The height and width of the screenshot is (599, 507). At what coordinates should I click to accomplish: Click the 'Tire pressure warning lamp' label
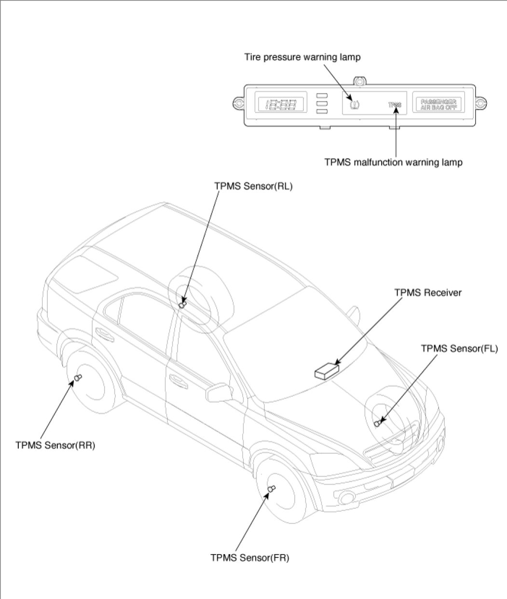tap(302, 57)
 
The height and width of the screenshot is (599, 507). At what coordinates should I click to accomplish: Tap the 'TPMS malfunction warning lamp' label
tap(393, 163)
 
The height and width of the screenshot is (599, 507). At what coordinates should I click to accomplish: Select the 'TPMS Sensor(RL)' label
tap(253, 186)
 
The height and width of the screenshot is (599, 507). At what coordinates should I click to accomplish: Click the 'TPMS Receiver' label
tap(428, 293)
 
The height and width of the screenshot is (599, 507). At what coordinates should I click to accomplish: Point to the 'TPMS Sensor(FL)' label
tap(459, 348)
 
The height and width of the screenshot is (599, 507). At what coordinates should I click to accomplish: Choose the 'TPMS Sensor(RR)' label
tap(55, 445)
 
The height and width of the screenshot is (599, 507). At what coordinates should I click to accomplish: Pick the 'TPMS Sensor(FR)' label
tap(250, 558)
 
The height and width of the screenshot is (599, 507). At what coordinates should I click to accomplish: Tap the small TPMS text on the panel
tap(395, 104)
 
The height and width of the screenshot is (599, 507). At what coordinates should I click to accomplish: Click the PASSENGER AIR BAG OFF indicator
tap(438, 104)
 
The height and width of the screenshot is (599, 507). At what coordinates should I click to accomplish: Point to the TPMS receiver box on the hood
tap(327, 370)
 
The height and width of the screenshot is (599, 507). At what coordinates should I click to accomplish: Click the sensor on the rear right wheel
tap(78, 379)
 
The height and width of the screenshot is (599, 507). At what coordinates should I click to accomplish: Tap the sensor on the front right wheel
tap(271, 490)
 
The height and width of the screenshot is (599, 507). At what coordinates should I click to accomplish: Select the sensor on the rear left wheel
tap(182, 304)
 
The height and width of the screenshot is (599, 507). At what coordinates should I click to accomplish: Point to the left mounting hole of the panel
tap(237, 102)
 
